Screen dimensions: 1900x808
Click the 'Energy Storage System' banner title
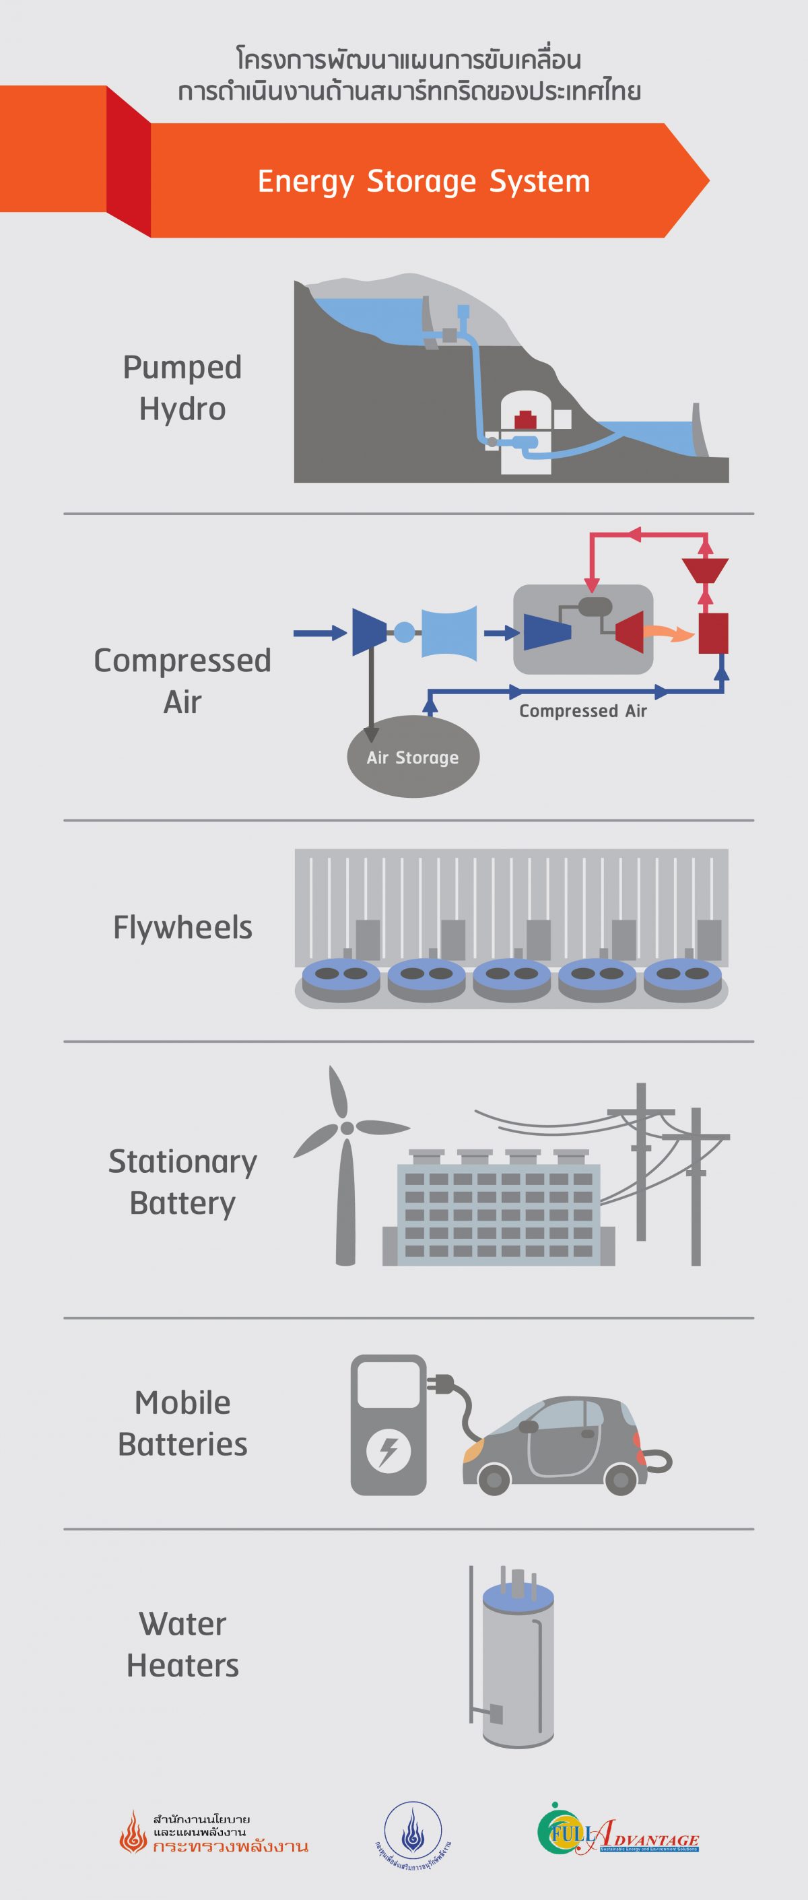click(424, 181)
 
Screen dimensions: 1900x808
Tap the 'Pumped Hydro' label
click(182, 388)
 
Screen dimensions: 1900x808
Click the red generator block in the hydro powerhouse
click(525, 419)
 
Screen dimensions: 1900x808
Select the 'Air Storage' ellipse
click(413, 757)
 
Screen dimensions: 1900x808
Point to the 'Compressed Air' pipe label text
click(583, 711)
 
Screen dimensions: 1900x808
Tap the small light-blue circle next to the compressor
click(403, 632)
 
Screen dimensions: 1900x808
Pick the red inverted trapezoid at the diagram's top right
click(705, 570)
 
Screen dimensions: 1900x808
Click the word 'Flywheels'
click(182, 927)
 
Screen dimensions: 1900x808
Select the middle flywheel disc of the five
click(511, 978)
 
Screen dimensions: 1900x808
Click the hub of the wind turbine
click(346, 1128)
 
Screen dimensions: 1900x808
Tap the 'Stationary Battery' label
click(182, 1182)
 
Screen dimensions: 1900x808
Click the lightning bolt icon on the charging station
click(388, 1452)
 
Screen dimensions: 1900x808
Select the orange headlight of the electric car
click(474, 1450)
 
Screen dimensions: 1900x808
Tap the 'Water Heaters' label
click(182, 1645)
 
